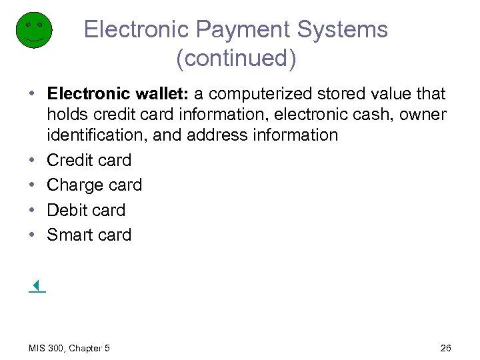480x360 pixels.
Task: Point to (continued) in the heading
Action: click(236, 59)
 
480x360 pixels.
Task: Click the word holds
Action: click(67, 115)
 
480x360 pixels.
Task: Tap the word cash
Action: click(373, 115)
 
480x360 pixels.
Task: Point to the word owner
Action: click(423, 115)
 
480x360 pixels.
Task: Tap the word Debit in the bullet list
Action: click(67, 210)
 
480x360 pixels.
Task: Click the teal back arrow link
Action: click(37, 287)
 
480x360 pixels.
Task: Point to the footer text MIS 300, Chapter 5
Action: click(69, 348)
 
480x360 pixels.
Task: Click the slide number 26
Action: click(446, 348)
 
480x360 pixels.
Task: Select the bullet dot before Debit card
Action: click(33, 211)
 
